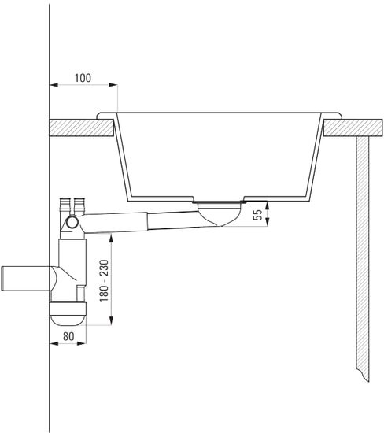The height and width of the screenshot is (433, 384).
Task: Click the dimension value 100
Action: (x=83, y=78)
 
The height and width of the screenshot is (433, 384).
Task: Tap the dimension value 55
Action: (x=257, y=215)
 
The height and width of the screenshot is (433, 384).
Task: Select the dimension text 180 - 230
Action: (x=104, y=280)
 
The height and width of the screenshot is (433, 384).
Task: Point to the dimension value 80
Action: (x=68, y=336)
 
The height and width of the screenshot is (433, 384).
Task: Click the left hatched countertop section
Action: (x=82, y=128)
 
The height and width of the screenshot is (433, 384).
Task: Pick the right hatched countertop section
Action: (x=353, y=128)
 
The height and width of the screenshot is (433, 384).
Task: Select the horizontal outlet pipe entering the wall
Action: (x=27, y=279)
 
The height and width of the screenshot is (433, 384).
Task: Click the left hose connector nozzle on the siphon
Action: (x=64, y=206)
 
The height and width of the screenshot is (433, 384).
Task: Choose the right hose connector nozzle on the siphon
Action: (x=79, y=206)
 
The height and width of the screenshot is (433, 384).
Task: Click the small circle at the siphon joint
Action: (x=72, y=222)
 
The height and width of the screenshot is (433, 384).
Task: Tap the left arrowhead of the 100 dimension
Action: (x=54, y=85)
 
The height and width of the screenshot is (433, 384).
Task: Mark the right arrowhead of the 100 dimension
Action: (x=113, y=85)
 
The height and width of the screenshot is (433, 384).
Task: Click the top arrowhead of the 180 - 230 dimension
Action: (x=111, y=238)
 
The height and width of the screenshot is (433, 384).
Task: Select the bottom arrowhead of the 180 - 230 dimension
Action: (x=111, y=321)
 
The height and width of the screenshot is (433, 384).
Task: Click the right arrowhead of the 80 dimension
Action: (x=82, y=343)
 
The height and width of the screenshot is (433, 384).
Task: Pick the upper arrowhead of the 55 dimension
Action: (x=267, y=205)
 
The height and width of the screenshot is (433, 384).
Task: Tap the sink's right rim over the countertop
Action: (x=332, y=116)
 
